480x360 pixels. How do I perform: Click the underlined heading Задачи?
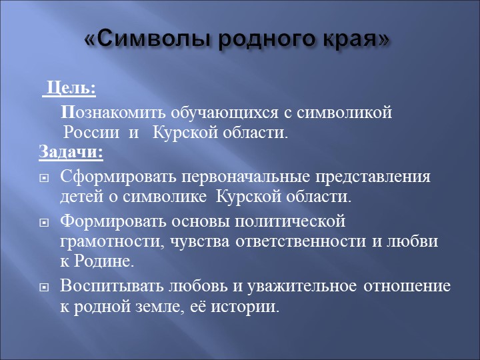[71, 152]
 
